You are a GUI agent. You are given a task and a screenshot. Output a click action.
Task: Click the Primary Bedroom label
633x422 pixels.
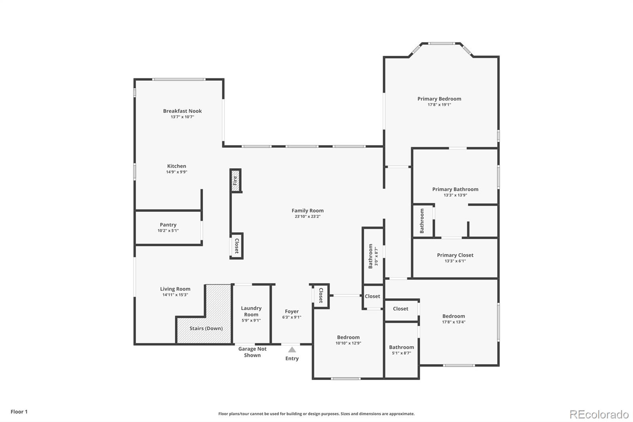click(x=439, y=99)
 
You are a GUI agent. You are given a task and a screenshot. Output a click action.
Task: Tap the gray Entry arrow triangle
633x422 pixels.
click(x=292, y=350)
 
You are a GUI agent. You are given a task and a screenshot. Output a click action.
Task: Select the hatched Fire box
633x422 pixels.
click(x=236, y=181)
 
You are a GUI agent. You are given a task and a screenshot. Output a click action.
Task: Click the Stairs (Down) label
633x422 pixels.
click(x=206, y=329)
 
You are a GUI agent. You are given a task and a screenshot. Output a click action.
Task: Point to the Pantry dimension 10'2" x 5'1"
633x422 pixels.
click(x=168, y=230)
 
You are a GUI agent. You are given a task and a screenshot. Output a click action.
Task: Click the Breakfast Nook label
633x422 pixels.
click(x=182, y=111)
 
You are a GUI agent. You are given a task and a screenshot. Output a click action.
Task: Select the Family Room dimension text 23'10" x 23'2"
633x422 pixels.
click(x=307, y=217)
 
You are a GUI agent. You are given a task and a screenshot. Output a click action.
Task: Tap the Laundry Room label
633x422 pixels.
click(x=251, y=311)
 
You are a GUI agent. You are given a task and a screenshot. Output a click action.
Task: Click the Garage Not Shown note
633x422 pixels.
click(x=252, y=352)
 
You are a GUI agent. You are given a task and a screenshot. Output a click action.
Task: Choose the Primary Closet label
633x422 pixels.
click(x=455, y=255)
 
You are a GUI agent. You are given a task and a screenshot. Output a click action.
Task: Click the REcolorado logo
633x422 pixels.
click(x=599, y=414)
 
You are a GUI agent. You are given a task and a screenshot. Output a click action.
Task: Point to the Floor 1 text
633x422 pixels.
click(x=19, y=412)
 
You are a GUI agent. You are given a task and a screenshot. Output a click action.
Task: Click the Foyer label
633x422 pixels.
click(x=292, y=312)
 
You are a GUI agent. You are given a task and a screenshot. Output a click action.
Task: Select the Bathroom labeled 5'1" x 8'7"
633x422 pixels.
click(x=402, y=347)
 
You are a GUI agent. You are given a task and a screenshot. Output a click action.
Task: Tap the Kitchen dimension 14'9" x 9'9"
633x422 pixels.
click(x=176, y=172)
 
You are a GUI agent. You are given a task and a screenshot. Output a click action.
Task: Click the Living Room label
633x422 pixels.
click(x=175, y=289)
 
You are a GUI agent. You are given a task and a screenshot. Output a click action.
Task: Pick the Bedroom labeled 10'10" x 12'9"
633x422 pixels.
click(x=348, y=337)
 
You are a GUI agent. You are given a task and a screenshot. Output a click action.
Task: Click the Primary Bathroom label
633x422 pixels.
click(x=455, y=189)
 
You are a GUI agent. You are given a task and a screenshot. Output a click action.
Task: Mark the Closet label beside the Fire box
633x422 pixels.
click(x=237, y=246)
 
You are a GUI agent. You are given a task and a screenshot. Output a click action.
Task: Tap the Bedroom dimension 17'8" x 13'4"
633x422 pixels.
click(x=454, y=322)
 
